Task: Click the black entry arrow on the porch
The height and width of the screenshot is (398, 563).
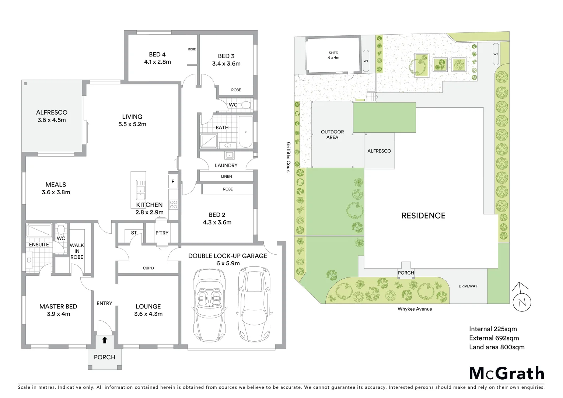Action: (105, 340)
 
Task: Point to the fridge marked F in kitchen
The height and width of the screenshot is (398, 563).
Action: (173, 181)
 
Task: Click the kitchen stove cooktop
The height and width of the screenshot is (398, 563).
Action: (173, 204)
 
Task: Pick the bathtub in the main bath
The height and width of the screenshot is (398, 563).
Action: (245, 132)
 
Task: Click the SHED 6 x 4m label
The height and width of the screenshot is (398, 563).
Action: (333, 55)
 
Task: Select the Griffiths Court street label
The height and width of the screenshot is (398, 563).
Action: (289, 157)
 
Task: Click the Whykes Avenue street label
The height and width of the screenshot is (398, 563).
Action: (415, 309)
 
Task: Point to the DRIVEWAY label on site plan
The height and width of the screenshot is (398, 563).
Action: (468, 286)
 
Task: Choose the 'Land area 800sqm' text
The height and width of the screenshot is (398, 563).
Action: (496, 347)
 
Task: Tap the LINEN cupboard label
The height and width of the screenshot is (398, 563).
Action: (226, 177)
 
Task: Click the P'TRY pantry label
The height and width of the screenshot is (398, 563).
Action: (162, 233)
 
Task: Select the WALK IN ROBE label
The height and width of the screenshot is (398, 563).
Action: (77, 251)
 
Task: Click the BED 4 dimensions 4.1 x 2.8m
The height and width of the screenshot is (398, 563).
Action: (157, 62)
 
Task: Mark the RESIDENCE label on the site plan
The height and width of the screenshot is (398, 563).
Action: (423, 216)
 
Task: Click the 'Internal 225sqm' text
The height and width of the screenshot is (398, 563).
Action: (493, 329)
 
